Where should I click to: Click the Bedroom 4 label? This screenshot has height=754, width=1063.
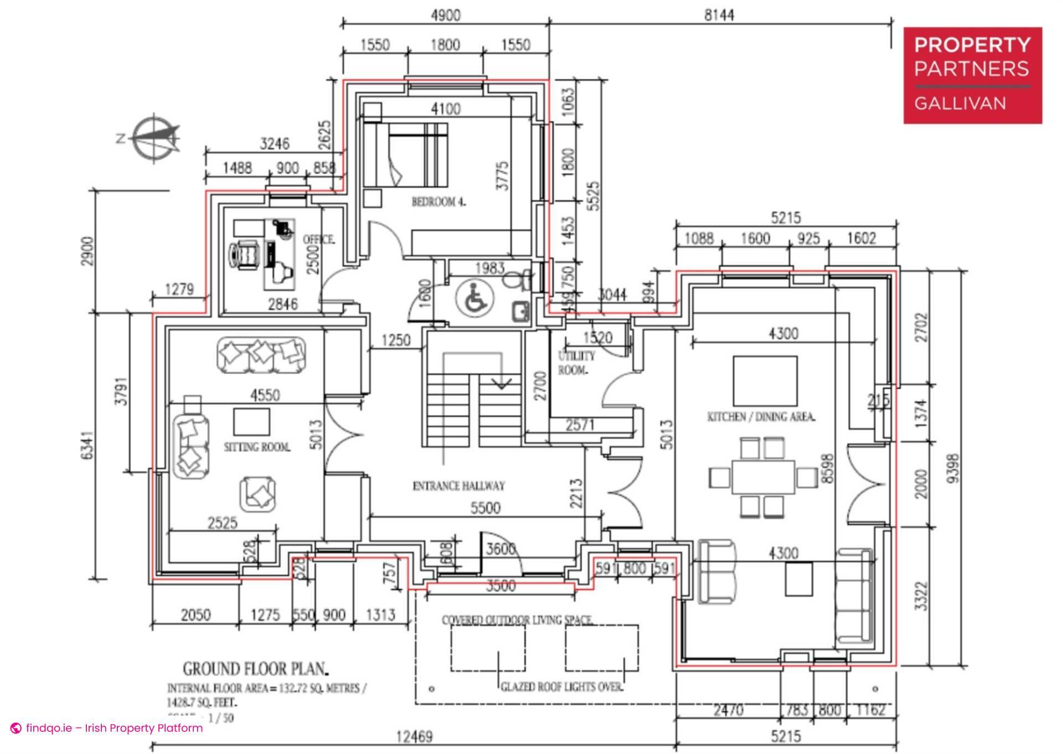[x=438, y=202]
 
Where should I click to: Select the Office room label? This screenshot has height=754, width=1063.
[x=318, y=240]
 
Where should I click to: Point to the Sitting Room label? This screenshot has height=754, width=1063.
[x=257, y=447]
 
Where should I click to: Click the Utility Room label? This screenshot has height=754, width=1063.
[x=576, y=363]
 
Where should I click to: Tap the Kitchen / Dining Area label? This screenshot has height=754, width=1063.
[x=761, y=417]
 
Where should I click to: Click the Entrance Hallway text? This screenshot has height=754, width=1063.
[x=459, y=486]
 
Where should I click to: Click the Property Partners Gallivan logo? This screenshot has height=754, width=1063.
[x=972, y=75]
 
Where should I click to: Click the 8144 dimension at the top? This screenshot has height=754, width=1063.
[x=719, y=15]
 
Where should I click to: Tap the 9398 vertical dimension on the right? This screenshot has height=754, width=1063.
[x=953, y=468]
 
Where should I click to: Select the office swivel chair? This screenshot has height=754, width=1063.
[x=245, y=255]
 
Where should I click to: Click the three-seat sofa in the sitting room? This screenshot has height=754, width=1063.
[x=261, y=353]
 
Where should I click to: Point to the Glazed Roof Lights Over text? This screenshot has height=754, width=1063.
[x=561, y=687]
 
